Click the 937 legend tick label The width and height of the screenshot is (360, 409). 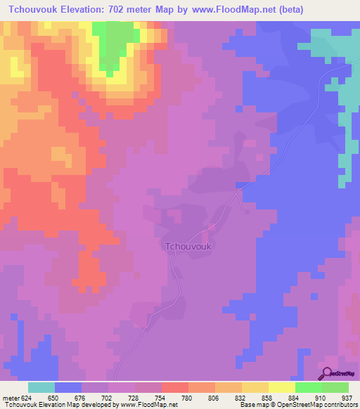point(347,397)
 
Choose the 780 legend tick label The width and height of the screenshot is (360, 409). point(188,397)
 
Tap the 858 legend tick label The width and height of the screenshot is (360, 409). point(268,397)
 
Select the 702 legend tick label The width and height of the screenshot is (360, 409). point(108,397)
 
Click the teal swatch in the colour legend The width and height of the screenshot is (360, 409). point(41,387)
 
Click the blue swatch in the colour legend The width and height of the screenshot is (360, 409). point(68,387)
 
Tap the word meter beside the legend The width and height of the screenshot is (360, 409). point(10,397)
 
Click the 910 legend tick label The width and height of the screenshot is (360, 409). point(321,397)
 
